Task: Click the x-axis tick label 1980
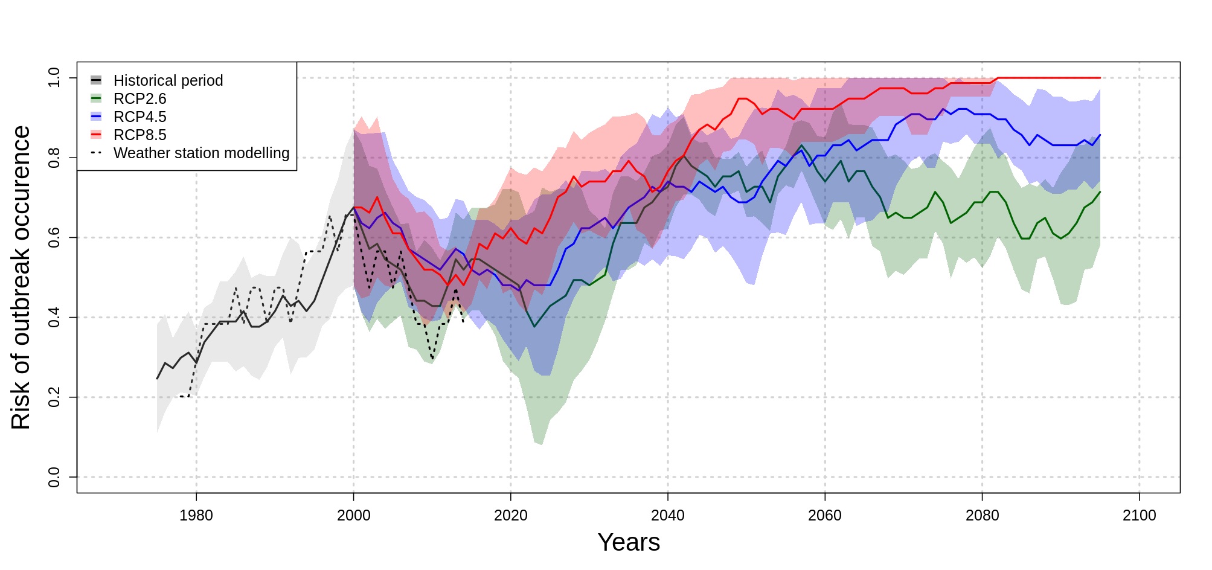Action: pos(196,516)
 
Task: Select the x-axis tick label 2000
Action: pos(353,516)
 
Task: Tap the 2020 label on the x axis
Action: pos(510,516)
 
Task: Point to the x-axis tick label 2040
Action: pos(668,516)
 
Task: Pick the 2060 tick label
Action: pos(825,516)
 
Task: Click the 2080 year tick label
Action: pos(982,516)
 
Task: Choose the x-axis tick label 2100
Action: pos(1139,516)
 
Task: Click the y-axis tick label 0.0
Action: pos(54,477)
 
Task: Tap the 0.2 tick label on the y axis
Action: pos(54,397)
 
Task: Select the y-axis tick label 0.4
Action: pos(54,318)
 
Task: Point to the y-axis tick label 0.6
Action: pos(54,238)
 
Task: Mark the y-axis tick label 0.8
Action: pos(54,158)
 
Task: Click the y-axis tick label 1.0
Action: pos(54,78)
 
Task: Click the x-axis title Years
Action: pos(629,542)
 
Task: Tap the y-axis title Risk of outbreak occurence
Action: pos(21,278)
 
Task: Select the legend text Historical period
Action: pos(168,81)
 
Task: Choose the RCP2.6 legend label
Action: pos(139,99)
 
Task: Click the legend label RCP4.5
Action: pos(139,117)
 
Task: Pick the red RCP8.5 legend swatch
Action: pos(96,134)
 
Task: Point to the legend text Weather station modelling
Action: pos(201,153)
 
